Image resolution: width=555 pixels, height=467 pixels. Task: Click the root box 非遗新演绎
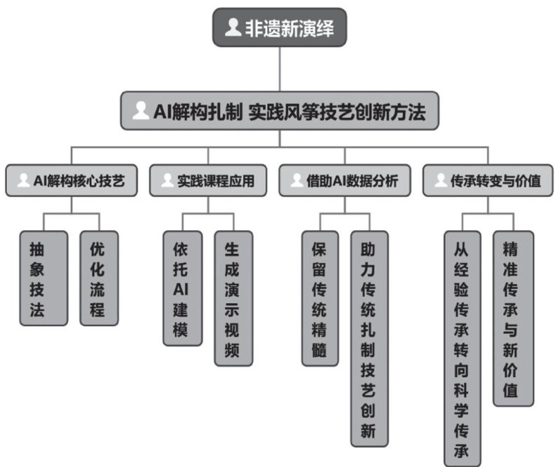coord(280,28)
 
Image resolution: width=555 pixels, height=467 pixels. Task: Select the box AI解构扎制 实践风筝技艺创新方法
coord(280,111)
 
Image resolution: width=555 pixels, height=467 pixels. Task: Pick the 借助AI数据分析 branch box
coord(345,180)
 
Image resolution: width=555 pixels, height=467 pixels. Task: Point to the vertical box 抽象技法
coord(43,278)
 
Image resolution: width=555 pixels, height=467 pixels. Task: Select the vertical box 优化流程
coord(98,278)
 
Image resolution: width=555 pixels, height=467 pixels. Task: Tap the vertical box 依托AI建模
coord(182,288)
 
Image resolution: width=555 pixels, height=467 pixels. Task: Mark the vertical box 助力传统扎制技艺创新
coord(369,339)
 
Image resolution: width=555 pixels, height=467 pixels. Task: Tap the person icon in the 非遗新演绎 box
coord(233,27)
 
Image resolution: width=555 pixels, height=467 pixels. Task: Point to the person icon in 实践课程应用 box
coord(167,180)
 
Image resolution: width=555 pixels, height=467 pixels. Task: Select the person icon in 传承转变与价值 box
coord(440,180)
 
